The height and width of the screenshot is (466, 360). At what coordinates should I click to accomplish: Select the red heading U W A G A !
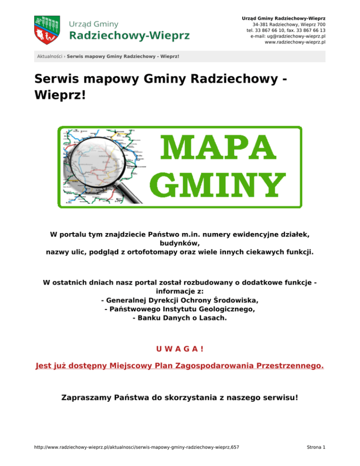point(180,349)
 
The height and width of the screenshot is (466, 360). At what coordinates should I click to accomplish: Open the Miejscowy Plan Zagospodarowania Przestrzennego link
point(180,365)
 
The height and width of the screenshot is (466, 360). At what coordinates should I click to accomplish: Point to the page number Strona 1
point(315,448)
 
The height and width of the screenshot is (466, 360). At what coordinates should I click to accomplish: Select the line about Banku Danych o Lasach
point(180,318)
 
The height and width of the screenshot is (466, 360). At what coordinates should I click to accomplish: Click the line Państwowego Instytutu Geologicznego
point(180,309)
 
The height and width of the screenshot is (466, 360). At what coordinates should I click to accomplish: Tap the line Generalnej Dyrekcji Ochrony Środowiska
point(180,300)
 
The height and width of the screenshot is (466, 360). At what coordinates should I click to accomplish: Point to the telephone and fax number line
point(286,30)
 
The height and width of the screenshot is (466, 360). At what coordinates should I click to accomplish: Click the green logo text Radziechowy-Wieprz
point(130,36)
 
